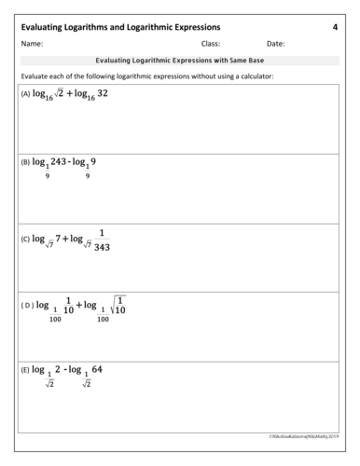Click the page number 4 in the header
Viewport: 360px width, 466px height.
click(x=335, y=27)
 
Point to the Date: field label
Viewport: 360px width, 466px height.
click(x=275, y=44)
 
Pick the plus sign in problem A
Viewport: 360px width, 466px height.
click(x=69, y=94)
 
